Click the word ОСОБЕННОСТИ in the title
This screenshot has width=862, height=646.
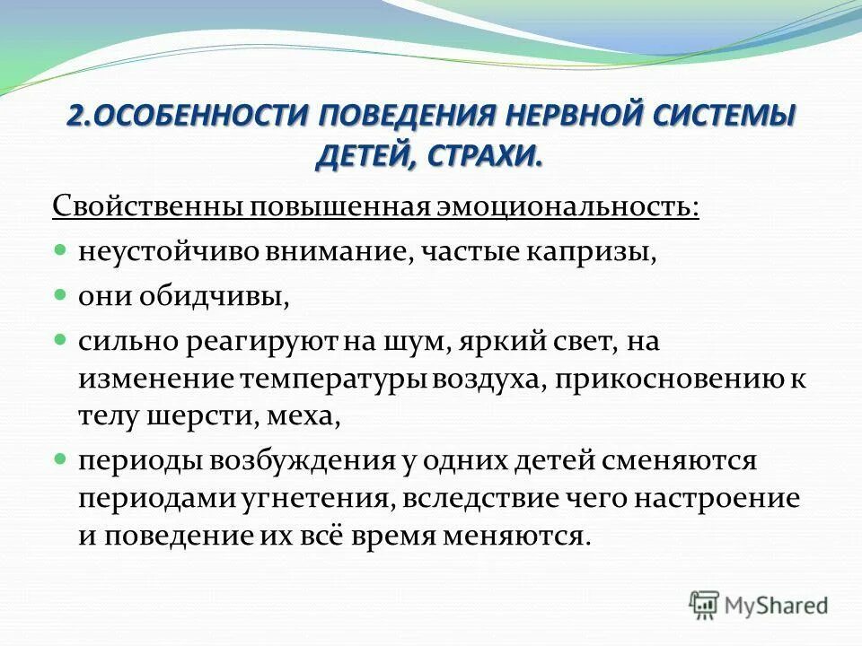(x=199, y=117)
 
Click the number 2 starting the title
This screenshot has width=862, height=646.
(x=75, y=117)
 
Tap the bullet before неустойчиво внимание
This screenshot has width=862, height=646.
(x=61, y=246)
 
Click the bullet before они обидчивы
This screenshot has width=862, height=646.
(x=61, y=292)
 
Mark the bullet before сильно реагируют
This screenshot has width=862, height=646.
(x=61, y=338)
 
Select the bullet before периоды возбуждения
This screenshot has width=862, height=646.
(x=61, y=458)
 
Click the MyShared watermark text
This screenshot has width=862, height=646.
(x=777, y=606)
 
